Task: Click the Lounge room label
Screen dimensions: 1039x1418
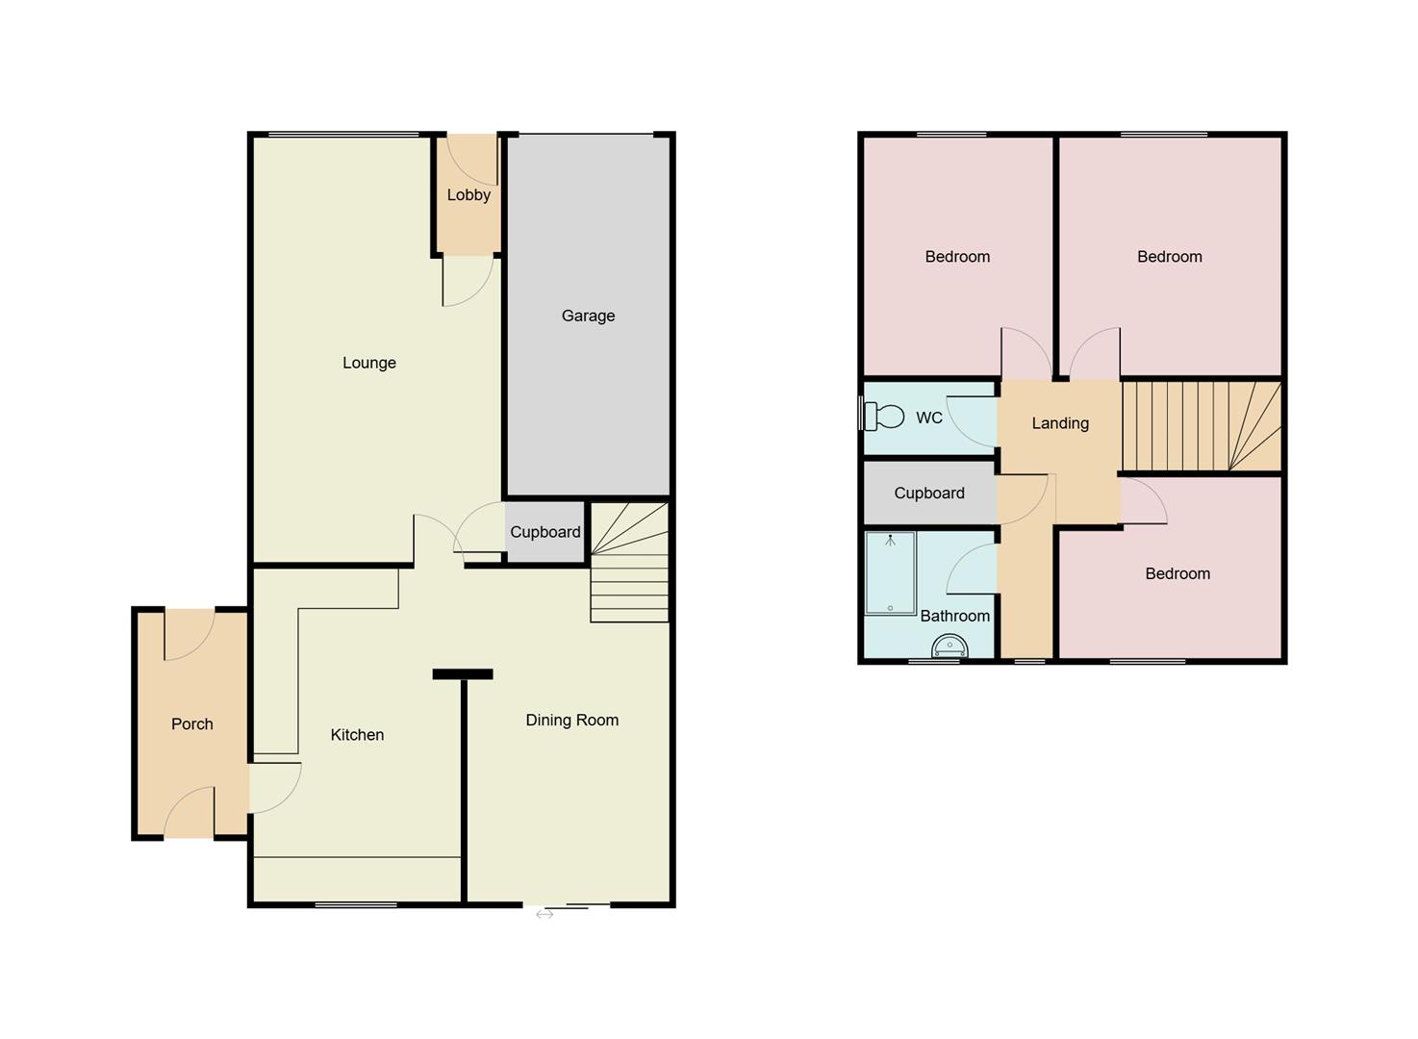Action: click(x=369, y=363)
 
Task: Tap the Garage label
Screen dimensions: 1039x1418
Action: click(x=588, y=316)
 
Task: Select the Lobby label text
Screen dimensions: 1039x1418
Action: click(x=468, y=194)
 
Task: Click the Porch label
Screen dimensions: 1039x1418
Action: click(x=191, y=724)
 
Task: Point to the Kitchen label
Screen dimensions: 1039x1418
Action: click(x=357, y=735)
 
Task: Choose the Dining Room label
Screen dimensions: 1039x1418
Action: click(x=571, y=721)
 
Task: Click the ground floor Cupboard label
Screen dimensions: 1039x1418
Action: click(x=544, y=532)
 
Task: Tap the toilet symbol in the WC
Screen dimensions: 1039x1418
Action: click(x=884, y=417)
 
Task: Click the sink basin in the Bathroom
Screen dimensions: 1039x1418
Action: click(x=950, y=646)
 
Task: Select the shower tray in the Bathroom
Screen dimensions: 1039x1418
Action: click(x=890, y=573)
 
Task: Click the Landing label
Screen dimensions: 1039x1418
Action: click(x=1060, y=423)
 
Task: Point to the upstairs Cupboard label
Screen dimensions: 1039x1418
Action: click(x=928, y=494)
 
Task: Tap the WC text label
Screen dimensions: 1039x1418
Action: click(x=929, y=418)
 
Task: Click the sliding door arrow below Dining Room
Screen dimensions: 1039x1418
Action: click(x=544, y=915)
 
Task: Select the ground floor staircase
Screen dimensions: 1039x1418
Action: click(x=629, y=562)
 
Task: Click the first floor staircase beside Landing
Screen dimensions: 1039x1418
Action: click(x=1201, y=426)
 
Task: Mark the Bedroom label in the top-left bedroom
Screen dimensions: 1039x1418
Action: click(x=957, y=257)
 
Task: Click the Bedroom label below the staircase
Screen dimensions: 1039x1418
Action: click(x=1177, y=574)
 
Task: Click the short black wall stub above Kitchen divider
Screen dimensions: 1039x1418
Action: click(x=463, y=674)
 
